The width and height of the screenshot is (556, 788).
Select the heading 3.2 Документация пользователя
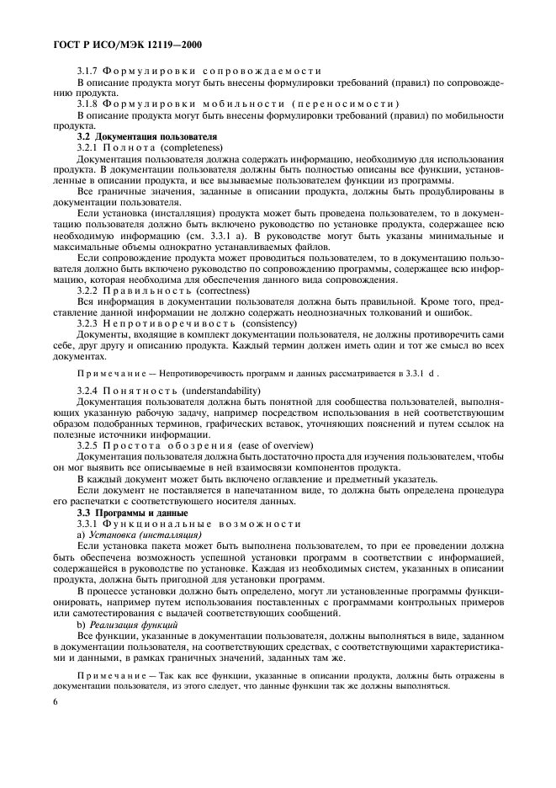click(147, 136)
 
